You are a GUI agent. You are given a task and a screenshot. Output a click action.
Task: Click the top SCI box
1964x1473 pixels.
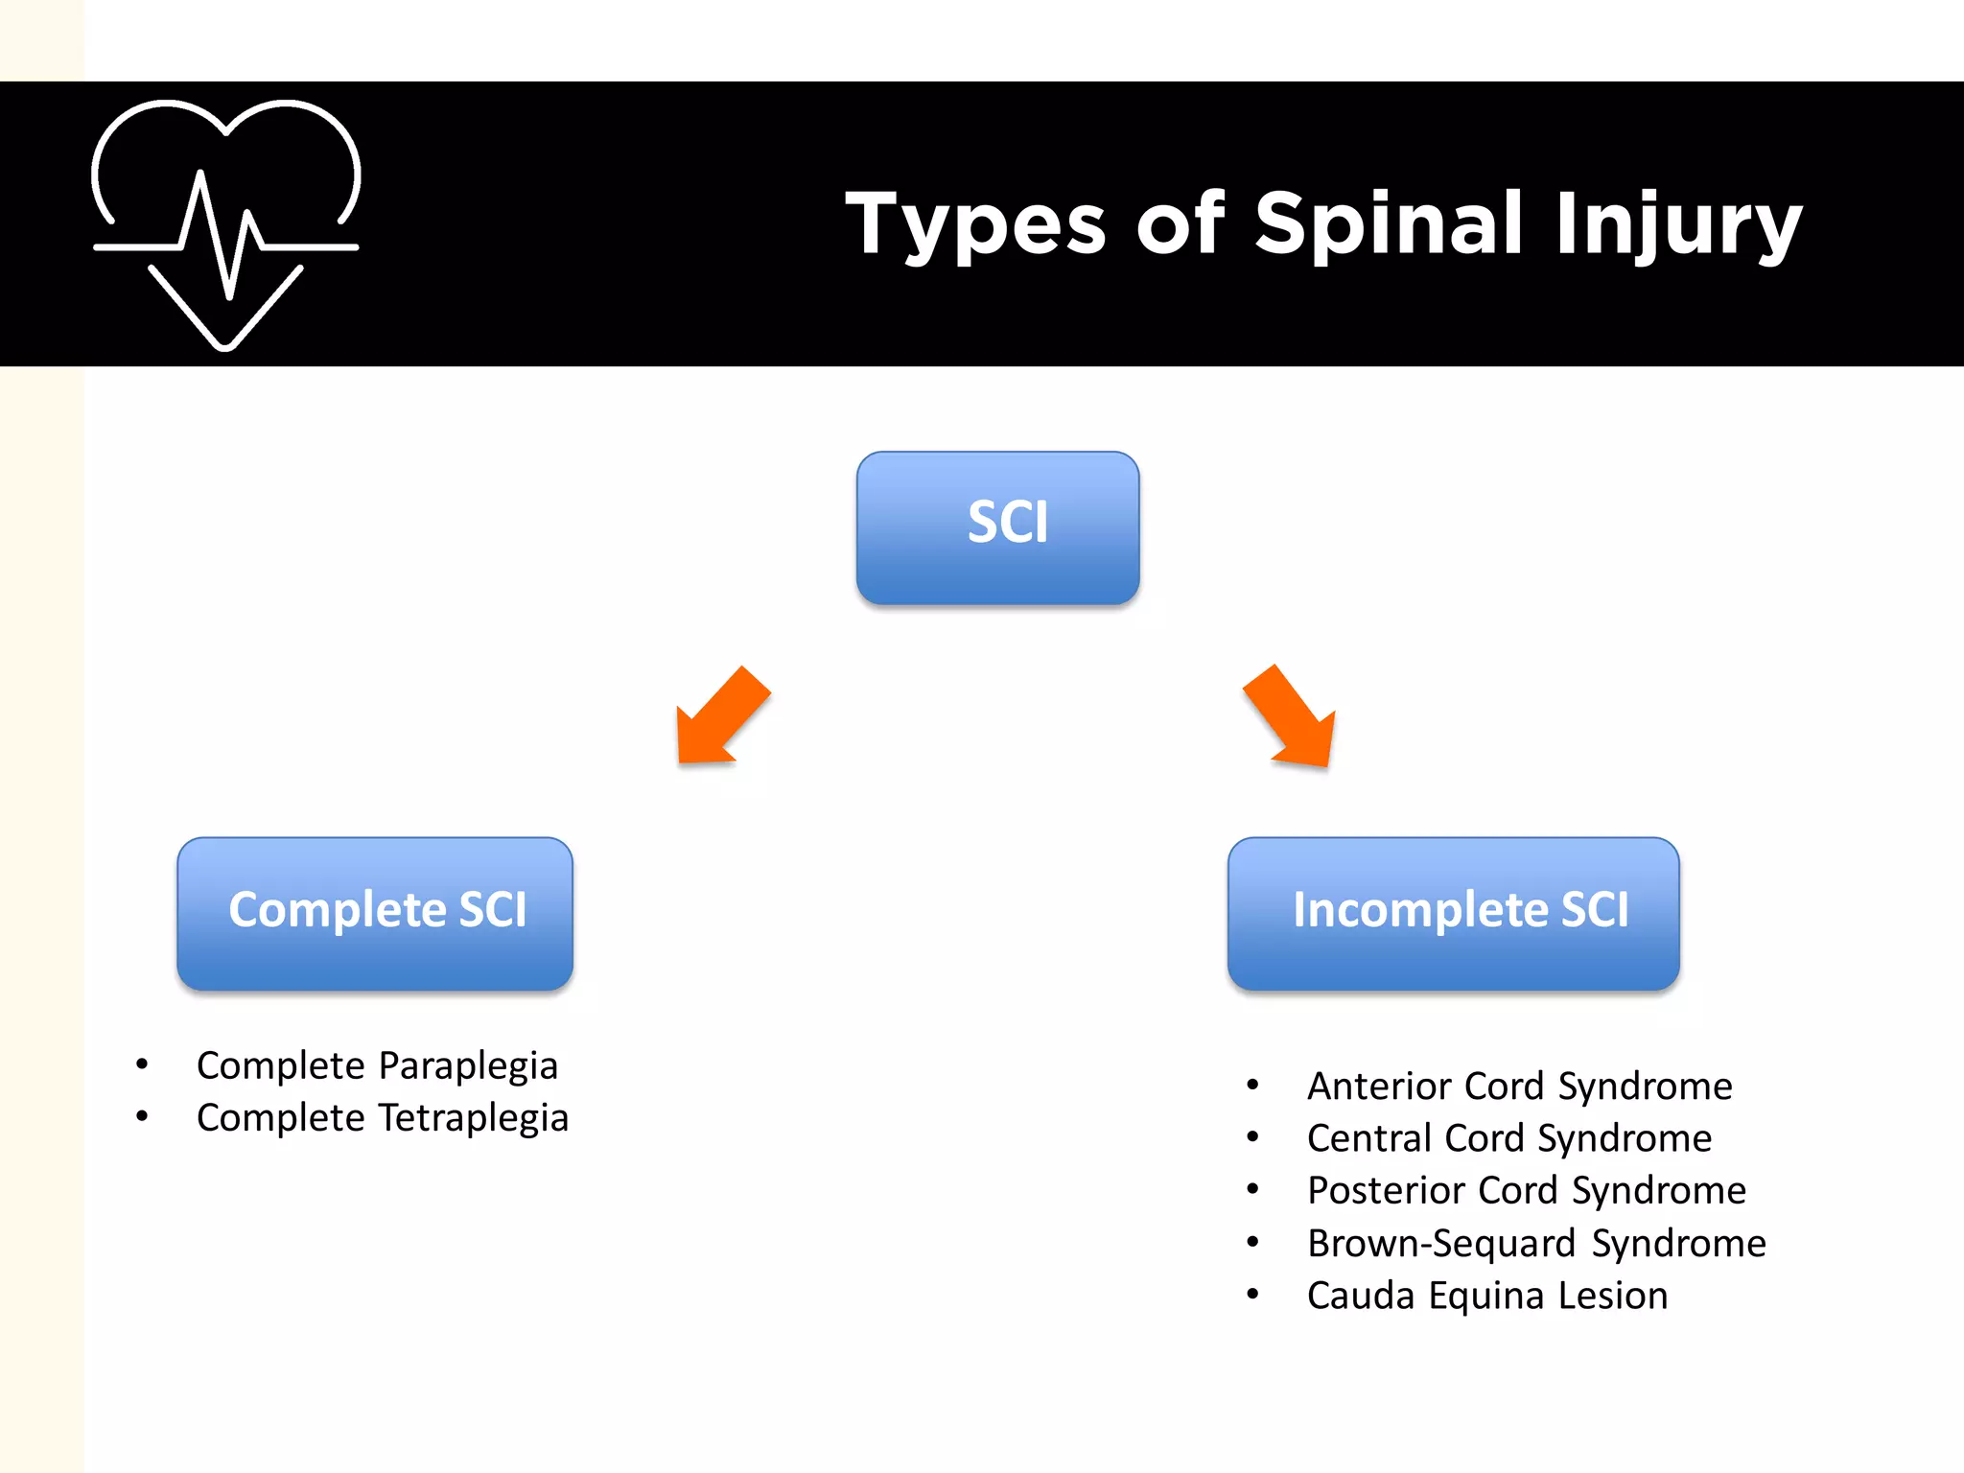pos(997,527)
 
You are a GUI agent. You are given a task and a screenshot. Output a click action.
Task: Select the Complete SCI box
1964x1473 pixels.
pos(375,913)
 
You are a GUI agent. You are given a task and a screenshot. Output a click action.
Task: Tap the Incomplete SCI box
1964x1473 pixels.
pos(1453,913)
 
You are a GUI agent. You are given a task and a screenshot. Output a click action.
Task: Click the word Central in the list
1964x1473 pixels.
pos(1368,1138)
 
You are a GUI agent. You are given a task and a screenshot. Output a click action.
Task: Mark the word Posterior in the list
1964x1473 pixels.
pos(1385,1191)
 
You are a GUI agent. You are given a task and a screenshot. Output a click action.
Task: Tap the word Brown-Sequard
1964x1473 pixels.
pos(1441,1244)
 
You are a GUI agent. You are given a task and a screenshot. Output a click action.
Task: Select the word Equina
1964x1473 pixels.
pos(1486,1297)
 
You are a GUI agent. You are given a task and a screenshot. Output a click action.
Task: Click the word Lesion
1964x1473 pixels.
pos(1613,1296)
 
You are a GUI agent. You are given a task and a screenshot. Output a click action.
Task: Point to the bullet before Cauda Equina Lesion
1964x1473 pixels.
pos(1252,1294)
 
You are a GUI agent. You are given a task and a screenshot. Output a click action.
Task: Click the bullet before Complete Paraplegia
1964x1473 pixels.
pos(142,1064)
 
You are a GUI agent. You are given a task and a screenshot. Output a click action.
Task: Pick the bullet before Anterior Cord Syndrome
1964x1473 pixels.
pos(1252,1085)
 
